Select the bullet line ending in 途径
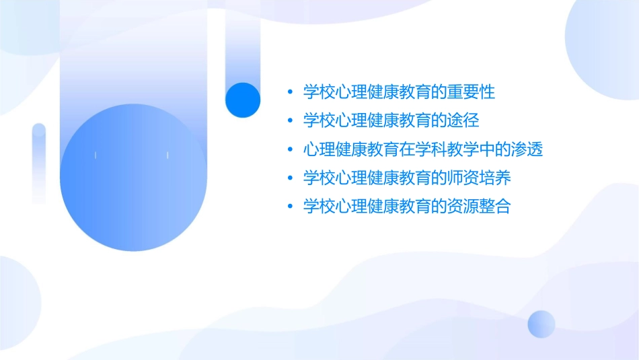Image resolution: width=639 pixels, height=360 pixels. tap(391, 120)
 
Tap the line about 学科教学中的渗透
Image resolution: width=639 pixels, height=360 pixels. tap(423, 149)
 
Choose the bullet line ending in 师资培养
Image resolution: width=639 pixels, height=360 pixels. tap(407, 178)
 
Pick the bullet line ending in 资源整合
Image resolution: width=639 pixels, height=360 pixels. tap(407, 207)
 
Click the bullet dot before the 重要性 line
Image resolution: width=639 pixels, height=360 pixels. tap(290, 92)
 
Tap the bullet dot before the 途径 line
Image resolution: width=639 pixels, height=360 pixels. tap(290, 121)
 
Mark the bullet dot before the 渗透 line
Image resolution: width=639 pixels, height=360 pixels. tap(290, 149)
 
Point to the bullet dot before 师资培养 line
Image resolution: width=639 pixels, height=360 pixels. tap(290, 178)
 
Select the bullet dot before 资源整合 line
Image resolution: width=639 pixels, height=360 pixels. tap(290, 207)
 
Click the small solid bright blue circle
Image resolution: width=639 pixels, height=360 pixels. tap(243, 100)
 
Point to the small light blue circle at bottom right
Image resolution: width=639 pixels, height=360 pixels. tap(541, 324)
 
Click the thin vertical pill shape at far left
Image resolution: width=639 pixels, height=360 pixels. tap(39, 163)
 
